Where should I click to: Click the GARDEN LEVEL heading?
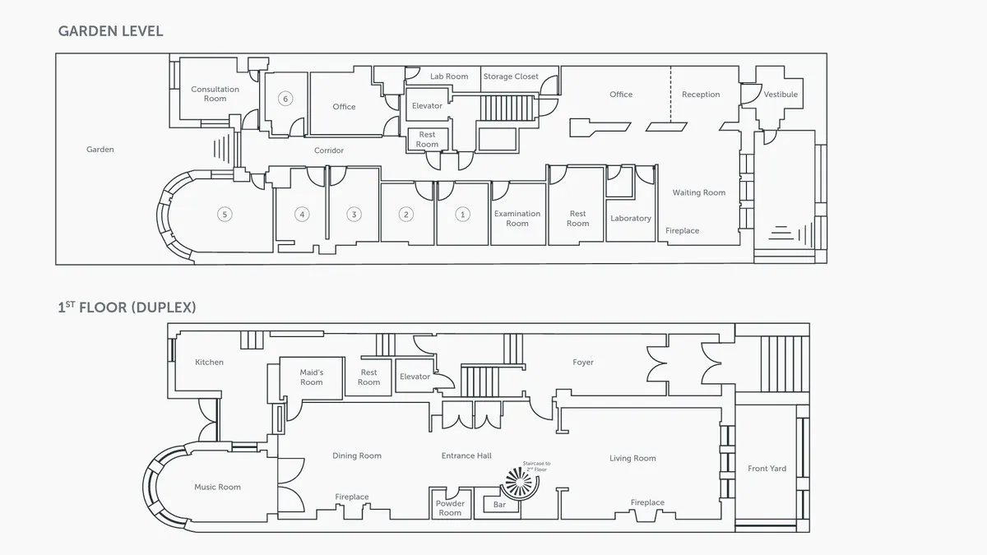(110, 31)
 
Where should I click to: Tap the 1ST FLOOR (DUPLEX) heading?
(127, 308)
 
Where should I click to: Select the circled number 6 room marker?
(285, 99)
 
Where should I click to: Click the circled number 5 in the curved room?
(224, 215)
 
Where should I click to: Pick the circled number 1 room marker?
(462, 215)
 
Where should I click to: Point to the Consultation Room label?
(215, 94)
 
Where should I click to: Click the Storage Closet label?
(511, 76)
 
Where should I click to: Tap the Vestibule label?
(781, 95)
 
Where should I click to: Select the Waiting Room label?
(698, 192)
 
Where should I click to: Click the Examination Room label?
(517, 219)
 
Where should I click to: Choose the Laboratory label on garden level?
(631, 219)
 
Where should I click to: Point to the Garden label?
(100, 150)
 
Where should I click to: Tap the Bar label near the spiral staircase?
(499, 505)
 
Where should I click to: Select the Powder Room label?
(450, 508)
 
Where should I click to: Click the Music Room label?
(217, 487)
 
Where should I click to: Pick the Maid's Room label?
(311, 377)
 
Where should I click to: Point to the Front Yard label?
(767, 469)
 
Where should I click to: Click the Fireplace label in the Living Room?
(647, 502)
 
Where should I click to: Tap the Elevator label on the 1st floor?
(415, 377)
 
